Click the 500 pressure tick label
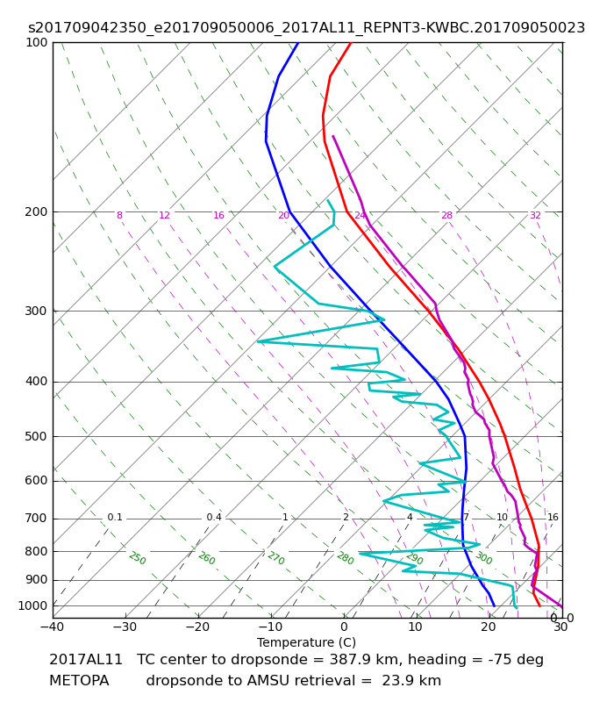(36, 436)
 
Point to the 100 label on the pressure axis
(36, 42)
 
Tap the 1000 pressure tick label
(32, 605)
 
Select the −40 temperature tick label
(53, 627)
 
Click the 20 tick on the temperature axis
(489, 627)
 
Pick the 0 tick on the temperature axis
(344, 627)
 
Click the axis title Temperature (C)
(306, 642)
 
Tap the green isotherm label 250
(138, 558)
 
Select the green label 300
(484, 558)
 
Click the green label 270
(276, 558)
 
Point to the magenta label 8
(119, 215)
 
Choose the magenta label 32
(535, 215)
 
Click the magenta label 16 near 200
(218, 215)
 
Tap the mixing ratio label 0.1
(115, 517)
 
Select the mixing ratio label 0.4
(214, 517)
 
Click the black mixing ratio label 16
(553, 517)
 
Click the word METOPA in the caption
(79, 681)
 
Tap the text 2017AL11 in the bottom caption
(85, 660)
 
